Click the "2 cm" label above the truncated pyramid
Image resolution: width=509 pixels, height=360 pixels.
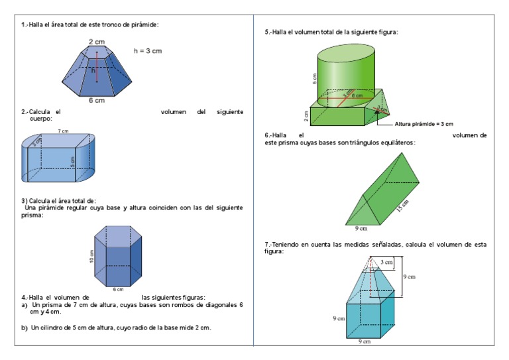96,42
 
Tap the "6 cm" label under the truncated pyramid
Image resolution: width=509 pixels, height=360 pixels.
96,101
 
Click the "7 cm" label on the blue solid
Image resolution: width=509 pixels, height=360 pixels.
63,131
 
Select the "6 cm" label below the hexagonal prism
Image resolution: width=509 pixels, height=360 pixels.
118,290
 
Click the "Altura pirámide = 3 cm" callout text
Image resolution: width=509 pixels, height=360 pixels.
424,123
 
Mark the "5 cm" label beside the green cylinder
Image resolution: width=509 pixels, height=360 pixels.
314,78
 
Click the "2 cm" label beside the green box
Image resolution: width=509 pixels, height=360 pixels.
306,117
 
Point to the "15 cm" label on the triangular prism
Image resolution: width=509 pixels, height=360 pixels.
404,206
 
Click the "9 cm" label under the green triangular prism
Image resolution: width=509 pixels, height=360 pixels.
361,229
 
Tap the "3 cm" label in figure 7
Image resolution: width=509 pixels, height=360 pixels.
386,262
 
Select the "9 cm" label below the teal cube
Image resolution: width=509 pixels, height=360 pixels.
365,341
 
